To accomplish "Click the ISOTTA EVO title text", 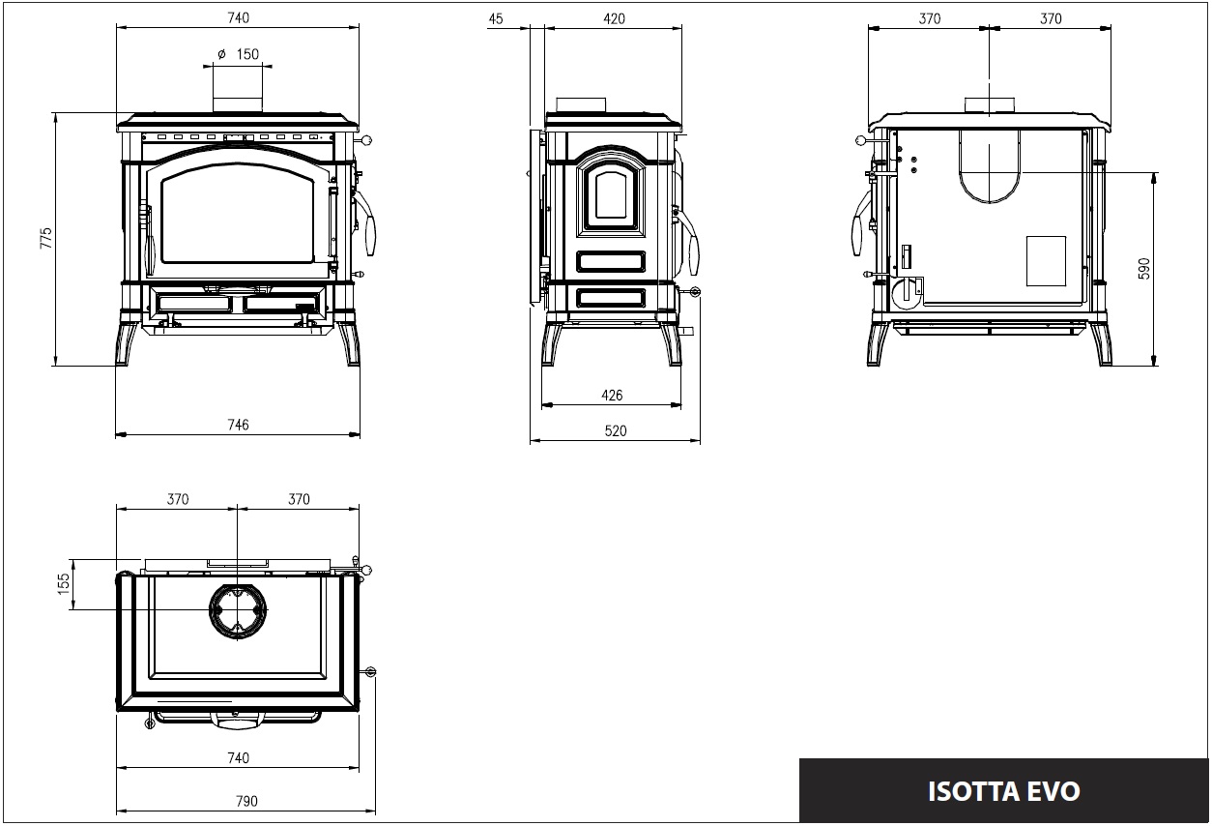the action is tap(1003, 791).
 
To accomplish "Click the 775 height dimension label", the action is tap(46, 238).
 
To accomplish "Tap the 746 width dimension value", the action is tap(238, 425).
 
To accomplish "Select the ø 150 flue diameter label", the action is tap(238, 54).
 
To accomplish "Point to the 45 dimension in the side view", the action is tap(496, 19).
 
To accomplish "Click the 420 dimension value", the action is tap(614, 19).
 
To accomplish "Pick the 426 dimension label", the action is tap(612, 396).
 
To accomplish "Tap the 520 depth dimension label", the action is tap(616, 431).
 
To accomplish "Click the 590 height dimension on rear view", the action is tap(1143, 269).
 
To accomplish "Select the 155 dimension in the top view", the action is tap(64, 584).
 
